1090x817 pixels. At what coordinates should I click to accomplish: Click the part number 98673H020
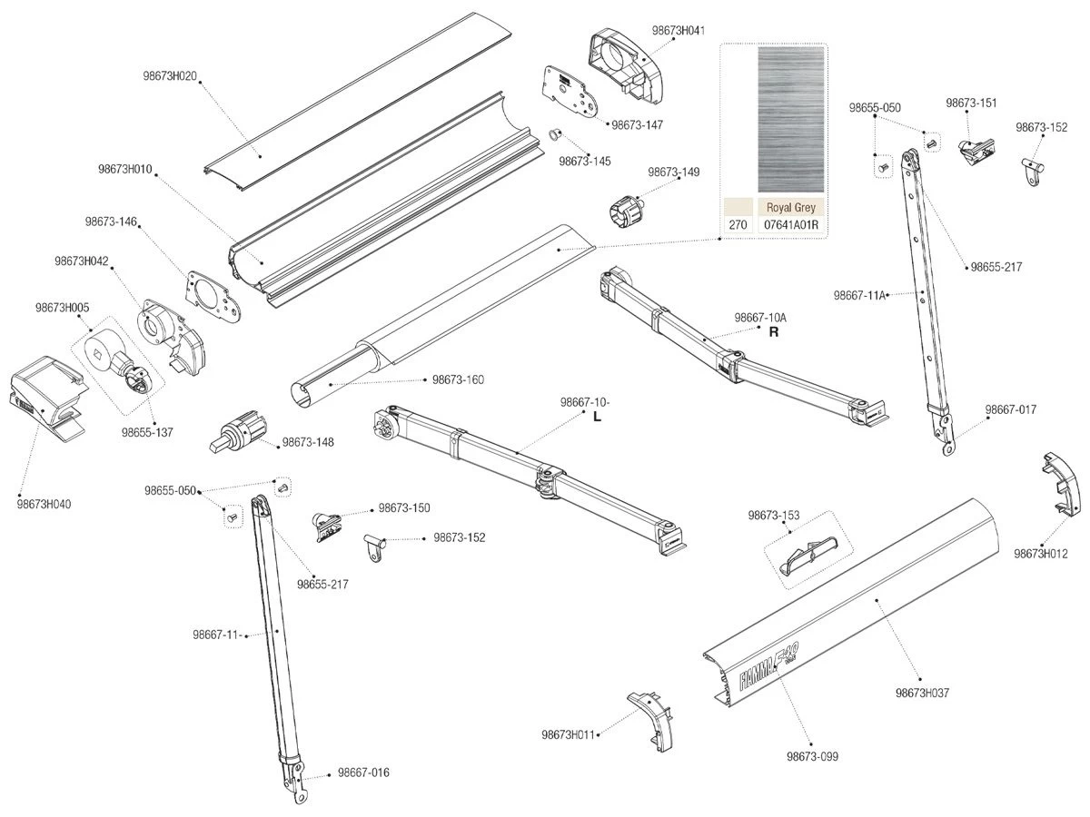point(171,75)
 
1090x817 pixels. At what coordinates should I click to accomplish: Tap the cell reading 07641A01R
point(791,224)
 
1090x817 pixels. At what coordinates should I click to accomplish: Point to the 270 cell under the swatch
point(738,224)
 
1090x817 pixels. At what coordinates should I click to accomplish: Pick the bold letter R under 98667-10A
point(774,332)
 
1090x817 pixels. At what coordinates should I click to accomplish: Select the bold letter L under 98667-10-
point(597,417)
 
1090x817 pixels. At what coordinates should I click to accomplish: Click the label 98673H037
point(922,693)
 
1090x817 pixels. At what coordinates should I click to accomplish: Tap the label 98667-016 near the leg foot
point(363,773)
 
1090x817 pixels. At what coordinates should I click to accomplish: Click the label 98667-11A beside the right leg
point(859,295)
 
